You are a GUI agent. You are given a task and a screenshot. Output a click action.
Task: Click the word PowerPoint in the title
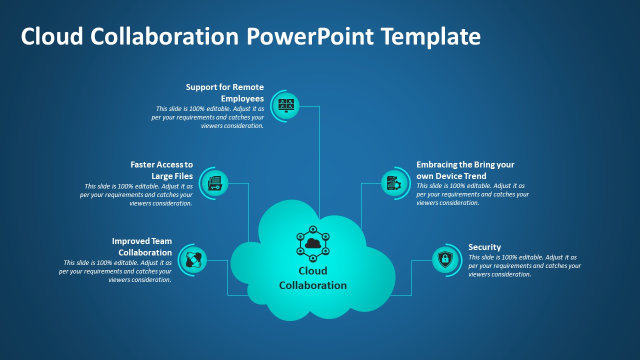pyautogui.click(x=310, y=36)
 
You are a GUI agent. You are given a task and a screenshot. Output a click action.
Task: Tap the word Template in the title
pyautogui.click(x=431, y=36)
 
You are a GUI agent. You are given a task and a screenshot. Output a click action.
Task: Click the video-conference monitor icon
pyautogui.click(x=286, y=105)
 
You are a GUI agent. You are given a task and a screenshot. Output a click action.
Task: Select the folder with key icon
pyautogui.click(x=215, y=183)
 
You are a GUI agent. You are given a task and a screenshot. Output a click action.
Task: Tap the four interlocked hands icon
pyautogui.click(x=193, y=259)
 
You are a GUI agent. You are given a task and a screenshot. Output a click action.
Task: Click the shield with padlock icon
pyautogui.click(x=445, y=259)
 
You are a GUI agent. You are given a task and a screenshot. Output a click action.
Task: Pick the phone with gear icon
pyautogui.click(x=394, y=183)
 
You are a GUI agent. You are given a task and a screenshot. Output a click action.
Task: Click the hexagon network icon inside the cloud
pyautogui.click(x=313, y=243)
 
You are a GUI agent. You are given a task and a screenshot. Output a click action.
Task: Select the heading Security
pyautogui.click(x=484, y=247)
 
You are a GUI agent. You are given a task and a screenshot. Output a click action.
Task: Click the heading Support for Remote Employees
pyautogui.click(x=225, y=92)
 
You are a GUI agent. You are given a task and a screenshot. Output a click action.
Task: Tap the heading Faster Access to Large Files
pyautogui.click(x=161, y=170)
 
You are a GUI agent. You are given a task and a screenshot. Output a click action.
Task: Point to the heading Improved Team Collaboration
pyautogui.click(x=142, y=246)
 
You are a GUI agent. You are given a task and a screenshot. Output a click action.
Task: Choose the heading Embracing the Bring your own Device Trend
pyautogui.click(x=465, y=170)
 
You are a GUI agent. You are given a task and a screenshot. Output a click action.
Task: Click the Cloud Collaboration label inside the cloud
pyautogui.click(x=313, y=278)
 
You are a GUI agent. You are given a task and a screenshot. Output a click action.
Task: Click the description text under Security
pyautogui.click(x=524, y=265)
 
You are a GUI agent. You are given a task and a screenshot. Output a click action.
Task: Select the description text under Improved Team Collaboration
pyautogui.click(x=115, y=271)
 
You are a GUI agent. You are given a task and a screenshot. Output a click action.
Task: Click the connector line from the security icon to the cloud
pyautogui.click(x=411, y=277)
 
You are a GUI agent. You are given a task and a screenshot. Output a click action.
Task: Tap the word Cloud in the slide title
pyautogui.click(x=52, y=36)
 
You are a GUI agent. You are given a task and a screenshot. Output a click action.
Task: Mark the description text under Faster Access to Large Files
pyautogui.click(x=136, y=194)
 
